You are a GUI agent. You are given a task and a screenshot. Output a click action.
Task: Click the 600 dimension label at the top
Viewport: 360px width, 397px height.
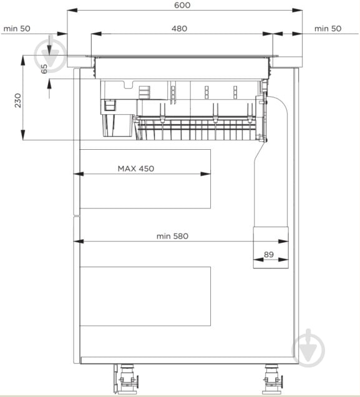pyautogui.click(x=182, y=5)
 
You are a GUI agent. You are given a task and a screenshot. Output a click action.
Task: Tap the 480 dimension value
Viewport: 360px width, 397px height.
pyautogui.click(x=179, y=28)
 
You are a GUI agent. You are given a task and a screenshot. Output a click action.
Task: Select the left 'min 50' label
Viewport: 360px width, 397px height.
pyautogui.click(x=17, y=29)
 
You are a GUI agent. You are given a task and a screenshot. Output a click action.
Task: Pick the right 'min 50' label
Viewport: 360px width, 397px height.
pyautogui.click(x=328, y=29)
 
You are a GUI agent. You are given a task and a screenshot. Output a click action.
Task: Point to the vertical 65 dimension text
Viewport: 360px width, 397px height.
pyautogui.click(x=44, y=69)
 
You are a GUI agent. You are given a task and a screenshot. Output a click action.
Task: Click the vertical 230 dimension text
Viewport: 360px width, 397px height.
pyautogui.click(x=18, y=100)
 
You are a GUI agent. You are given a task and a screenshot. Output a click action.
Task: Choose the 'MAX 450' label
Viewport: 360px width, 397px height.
pyautogui.click(x=136, y=169)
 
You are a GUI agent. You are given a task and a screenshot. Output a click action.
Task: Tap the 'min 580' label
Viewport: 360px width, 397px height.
pyautogui.click(x=173, y=236)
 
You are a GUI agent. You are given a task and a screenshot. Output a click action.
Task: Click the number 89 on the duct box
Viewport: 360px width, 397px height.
pyautogui.click(x=269, y=254)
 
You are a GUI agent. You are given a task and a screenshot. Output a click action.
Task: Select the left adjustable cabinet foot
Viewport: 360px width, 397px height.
pyautogui.click(x=126, y=379)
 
